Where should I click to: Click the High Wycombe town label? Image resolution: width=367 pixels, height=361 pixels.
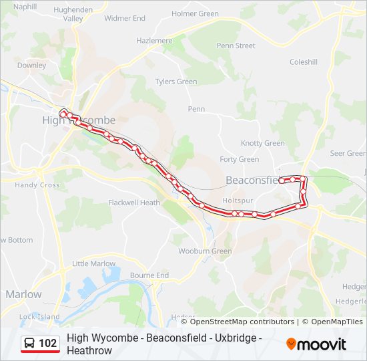click(x=79, y=120)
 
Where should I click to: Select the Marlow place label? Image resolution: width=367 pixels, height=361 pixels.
click(x=23, y=294)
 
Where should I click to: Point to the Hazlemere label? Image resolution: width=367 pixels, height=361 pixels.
click(x=154, y=41)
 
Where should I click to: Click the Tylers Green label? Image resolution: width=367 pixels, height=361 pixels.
click(x=175, y=82)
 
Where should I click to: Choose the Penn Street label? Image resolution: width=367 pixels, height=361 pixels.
click(x=236, y=46)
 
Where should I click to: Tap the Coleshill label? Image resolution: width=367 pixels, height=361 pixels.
click(x=304, y=62)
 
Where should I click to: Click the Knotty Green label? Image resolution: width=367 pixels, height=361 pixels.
click(x=262, y=143)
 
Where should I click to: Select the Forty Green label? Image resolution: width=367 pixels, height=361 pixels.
click(x=239, y=159)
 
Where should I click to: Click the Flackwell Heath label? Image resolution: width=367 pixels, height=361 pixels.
click(x=134, y=203)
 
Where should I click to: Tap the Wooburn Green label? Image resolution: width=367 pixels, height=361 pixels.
click(x=204, y=251)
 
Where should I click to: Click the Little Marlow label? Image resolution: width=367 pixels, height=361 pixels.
click(x=93, y=263)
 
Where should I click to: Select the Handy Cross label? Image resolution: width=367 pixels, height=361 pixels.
click(x=37, y=185)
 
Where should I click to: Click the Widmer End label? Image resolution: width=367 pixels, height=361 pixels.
click(x=124, y=19)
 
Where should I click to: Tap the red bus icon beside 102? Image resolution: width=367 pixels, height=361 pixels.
click(x=30, y=344)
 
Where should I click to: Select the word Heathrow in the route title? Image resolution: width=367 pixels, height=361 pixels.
click(x=89, y=350)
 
